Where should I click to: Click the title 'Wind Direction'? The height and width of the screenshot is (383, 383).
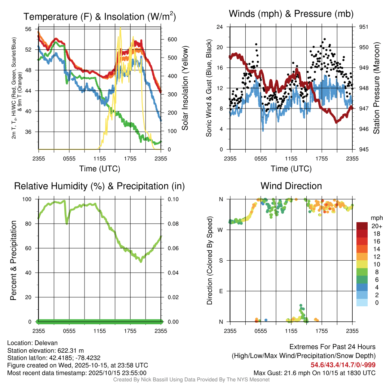point(291,186)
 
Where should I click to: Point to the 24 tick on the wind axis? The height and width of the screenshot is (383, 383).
point(220,27)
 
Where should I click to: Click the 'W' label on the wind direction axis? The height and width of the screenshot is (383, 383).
point(221,230)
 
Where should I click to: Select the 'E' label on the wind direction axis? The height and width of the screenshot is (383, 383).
point(221,291)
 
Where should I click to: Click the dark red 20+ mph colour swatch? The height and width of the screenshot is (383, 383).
point(362,226)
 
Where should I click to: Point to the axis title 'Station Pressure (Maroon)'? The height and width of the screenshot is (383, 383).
point(377,88)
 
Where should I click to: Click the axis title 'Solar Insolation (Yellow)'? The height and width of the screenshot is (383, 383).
point(185,88)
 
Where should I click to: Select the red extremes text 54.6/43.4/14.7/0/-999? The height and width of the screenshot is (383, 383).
point(343,365)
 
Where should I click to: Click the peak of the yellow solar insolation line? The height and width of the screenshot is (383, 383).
point(120,28)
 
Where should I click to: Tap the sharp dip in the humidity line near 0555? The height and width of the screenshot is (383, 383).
point(67,224)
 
